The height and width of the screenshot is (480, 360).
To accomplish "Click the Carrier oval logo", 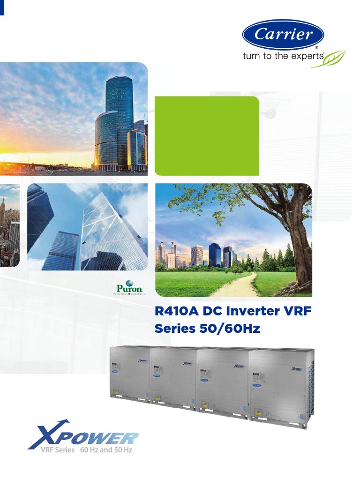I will click(283, 34).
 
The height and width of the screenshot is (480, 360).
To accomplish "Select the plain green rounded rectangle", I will click(207, 135).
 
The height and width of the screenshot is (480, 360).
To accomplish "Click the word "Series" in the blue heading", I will click(175, 329).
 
